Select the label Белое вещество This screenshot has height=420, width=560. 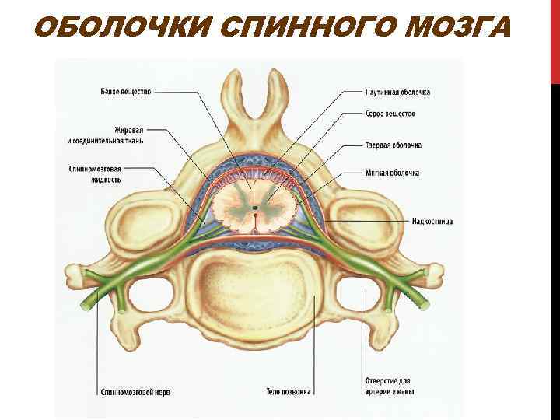[126, 92]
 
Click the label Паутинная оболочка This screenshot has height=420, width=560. [397, 92]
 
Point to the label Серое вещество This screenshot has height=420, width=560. [390, 114]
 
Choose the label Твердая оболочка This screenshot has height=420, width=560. [393, 145]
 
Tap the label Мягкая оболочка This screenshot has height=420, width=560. [392, 173]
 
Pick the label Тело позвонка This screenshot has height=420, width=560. [288, 391]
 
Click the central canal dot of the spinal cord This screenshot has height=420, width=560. [254, 208]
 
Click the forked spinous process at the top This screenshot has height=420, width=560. [254, 109]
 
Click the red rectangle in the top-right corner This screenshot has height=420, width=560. [555, 39]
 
